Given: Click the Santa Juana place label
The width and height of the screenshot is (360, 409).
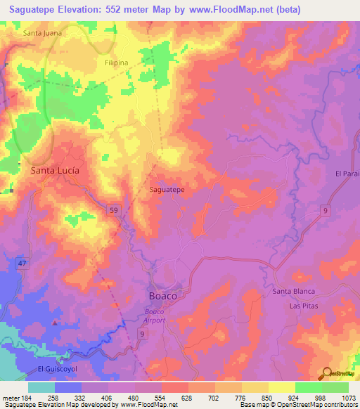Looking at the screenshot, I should [x=42, y=32].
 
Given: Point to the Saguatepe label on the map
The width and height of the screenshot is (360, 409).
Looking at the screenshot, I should [x=167, y=190].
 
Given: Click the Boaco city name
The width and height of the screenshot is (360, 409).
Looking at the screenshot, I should [x=162, y=296].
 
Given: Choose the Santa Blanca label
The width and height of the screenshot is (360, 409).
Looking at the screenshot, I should [x=293, y=291].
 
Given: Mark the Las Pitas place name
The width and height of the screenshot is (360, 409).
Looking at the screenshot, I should [x=304, y=306].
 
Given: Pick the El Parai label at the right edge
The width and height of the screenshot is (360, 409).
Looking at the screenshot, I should [x=347, y=174].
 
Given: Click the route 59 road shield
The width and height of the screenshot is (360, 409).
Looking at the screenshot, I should [x=112, y=209].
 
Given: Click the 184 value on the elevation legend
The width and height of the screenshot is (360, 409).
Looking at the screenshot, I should [x=22, y=398].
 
